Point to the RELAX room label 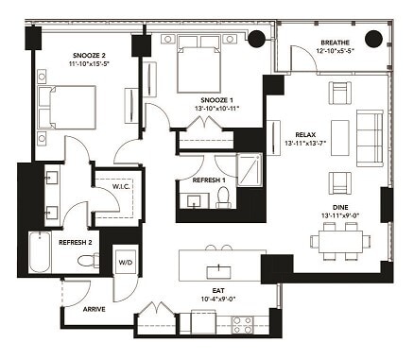click(305, 134)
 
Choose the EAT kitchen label click(217, 289)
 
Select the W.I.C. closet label click(120, 185)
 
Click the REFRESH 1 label click(209, 180)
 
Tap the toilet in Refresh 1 click(224, 197)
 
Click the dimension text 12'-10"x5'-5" click(337, 53)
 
